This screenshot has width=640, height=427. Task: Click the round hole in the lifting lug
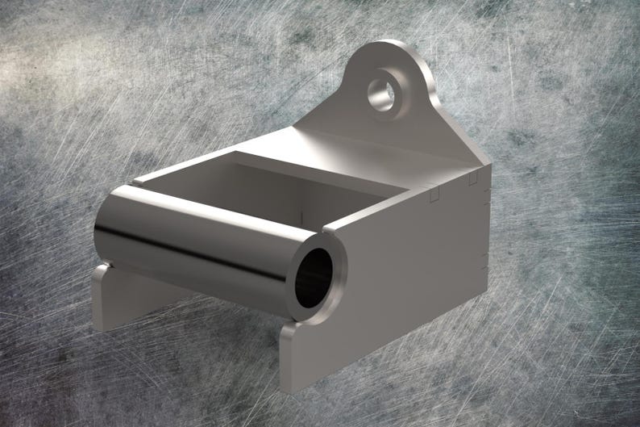[x=381, y=91]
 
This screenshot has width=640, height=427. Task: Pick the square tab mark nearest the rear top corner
[x=474, y=177]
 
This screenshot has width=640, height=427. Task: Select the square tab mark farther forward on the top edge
[x=434, y=194]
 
